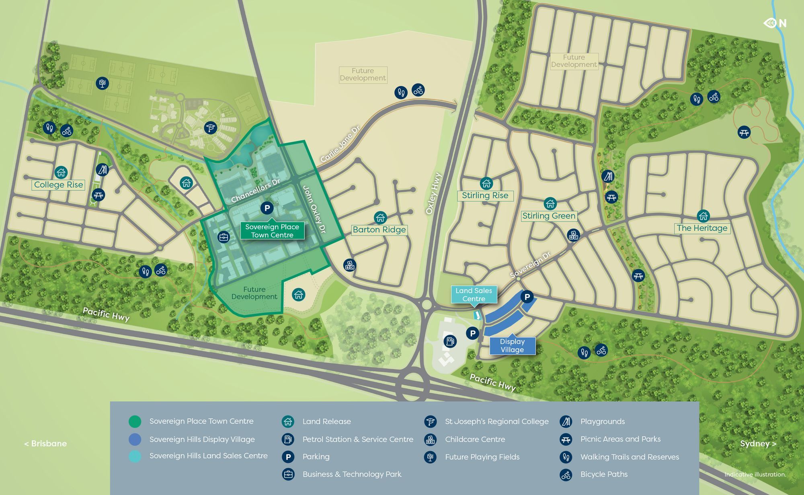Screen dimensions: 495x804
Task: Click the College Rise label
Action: [59, 185]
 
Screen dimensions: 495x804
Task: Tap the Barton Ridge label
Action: [379, 230]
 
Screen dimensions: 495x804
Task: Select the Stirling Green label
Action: [549, 216]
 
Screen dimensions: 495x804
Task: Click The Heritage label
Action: [702, 228]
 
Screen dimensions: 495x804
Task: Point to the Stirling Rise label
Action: [485, 195]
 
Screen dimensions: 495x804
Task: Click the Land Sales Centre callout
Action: [474, 294]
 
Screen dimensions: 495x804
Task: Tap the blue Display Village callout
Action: [512, 345]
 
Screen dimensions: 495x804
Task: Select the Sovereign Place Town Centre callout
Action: [272, 231]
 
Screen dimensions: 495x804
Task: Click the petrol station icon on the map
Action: [450, 341]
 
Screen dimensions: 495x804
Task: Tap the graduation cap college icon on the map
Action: [210, 128]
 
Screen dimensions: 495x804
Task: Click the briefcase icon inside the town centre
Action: [224, 237]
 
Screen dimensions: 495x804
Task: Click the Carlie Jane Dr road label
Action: [340, 144]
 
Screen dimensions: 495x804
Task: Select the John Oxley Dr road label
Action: [314, 209]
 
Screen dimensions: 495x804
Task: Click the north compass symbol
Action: [775, 23]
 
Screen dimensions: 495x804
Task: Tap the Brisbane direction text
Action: [45, 444]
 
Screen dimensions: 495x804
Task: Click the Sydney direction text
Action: [758, 444]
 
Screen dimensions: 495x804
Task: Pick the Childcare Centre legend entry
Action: [475, 440]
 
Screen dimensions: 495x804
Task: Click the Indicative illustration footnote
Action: [755, 474]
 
